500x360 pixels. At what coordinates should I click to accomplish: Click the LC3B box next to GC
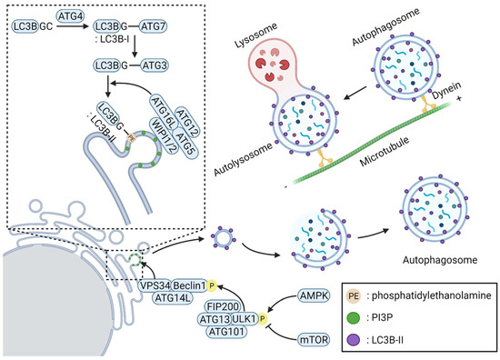(x=25, y=31)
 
